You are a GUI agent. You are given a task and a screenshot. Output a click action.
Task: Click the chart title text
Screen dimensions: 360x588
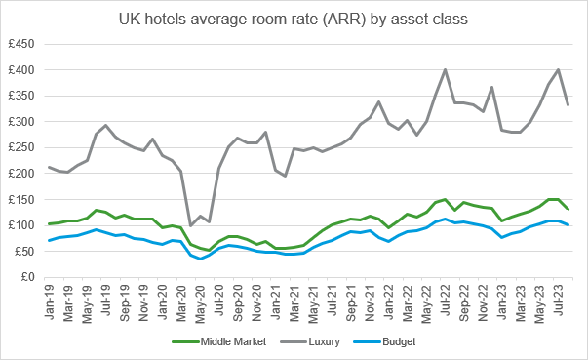[294, 18]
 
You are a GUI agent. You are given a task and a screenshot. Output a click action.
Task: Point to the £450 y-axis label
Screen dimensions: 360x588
[21, 45]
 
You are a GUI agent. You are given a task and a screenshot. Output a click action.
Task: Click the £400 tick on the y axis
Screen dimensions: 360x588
[21, 70]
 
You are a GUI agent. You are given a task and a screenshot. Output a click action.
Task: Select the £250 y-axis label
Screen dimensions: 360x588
[21, 148]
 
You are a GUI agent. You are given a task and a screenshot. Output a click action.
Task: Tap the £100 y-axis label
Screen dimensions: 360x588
[21, 225]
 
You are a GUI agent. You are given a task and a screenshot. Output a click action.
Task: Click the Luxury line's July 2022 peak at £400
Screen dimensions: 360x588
[445, 70]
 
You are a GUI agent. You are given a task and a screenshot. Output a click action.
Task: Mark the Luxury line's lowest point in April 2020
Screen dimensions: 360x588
[191, 224]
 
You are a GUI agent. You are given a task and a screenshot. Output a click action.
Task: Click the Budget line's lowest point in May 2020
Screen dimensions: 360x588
[201, 259]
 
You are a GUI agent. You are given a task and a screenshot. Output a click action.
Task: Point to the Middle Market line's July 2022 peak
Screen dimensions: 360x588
[445, 199]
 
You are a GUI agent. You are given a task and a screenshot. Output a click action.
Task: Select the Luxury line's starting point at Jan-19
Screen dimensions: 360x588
[50, 167]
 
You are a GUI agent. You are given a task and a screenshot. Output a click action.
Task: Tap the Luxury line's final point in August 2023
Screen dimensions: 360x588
[568, 104]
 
